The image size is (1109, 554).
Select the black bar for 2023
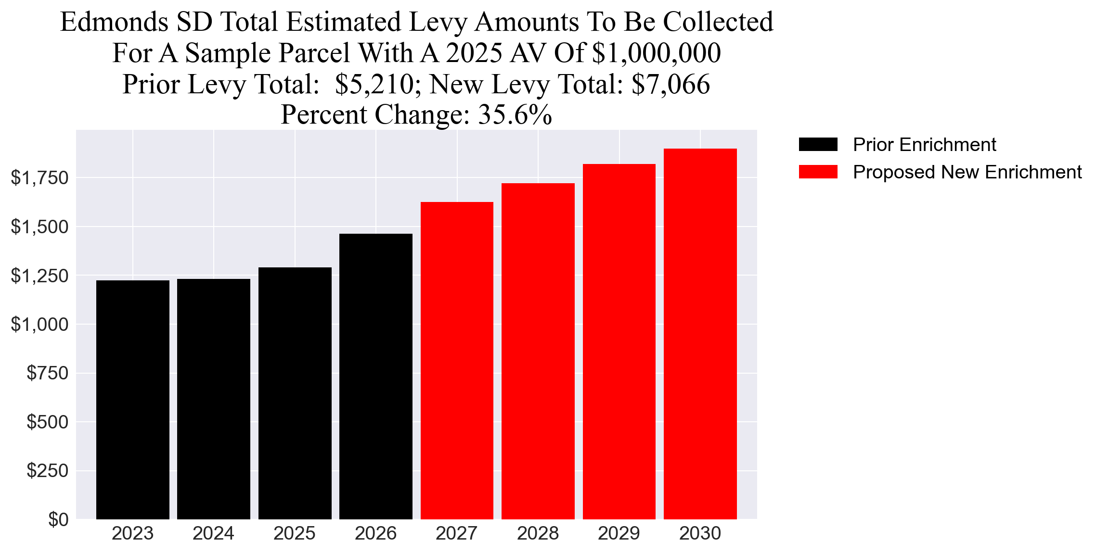tap(133, 399)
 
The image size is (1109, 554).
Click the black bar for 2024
tap(214, 399)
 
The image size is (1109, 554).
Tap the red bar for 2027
tap(457, 361)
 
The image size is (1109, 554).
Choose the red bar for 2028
tap(538, 351)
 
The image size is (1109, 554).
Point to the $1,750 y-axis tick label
tap(40, 178)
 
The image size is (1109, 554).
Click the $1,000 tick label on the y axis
tap(40, 325)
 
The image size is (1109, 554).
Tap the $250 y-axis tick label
tap(48, 470)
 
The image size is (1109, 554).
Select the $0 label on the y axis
tap(58, 519)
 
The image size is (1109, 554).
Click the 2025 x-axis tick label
tap(295, 533)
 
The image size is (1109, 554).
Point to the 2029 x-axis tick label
tap(619, 533)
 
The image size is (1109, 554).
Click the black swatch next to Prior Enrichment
tap(818, 144)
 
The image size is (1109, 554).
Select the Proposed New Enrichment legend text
tap(967, 172)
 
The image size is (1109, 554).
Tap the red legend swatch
tap(818, 172)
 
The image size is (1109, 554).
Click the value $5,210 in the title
tap(374, 84)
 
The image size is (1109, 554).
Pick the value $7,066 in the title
tap(671, 84)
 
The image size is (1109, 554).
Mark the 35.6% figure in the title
tap(515, 115)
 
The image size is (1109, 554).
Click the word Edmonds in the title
tap(114, 22)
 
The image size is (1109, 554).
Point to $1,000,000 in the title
tap(656, 53)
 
